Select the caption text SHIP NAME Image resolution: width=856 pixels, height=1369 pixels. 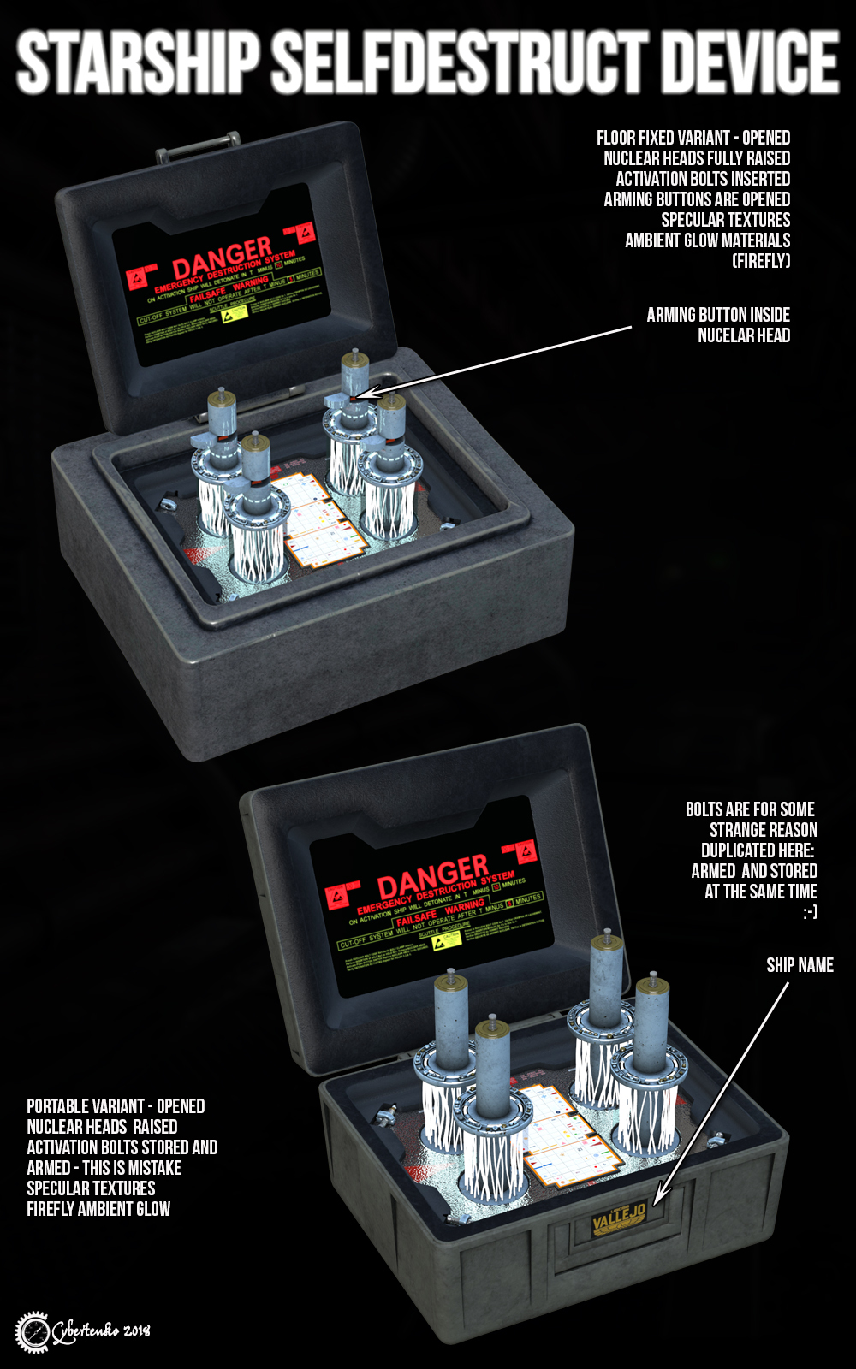coord(800,965)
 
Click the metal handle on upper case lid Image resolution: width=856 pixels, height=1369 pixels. coord(197,145)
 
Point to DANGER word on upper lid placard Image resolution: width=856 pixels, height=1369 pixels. coord(222,257)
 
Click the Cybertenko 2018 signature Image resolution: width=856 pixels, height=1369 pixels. coord(101,1331)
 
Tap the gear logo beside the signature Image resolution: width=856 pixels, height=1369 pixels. coord(33,1332)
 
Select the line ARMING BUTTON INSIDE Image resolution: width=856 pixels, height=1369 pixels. coord(717,315)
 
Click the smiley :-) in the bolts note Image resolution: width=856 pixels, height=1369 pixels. coord(810,912)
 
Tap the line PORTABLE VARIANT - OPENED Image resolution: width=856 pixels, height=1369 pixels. coord(116,1106)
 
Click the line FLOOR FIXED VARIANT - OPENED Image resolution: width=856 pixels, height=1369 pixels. coord(693,138)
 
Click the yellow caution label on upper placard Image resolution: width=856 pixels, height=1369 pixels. coord(235,313)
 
